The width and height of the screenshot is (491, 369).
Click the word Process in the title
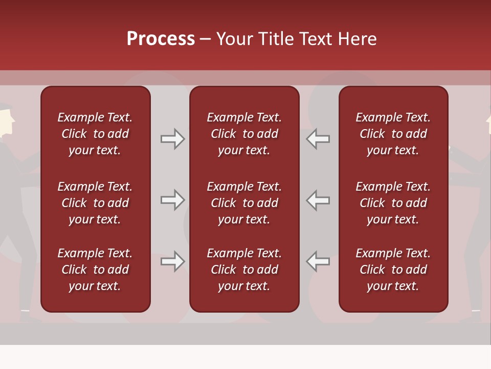point(161,39)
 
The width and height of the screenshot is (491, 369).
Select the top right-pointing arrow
point(173,139)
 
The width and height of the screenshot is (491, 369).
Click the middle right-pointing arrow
point(173,200)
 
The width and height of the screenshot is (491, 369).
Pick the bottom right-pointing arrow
point(173,261)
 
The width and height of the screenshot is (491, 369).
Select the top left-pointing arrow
point(318,139)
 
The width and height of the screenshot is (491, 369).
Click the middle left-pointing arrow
point(318,200)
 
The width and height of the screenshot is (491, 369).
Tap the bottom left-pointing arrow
point(318,261)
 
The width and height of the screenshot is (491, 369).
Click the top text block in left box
point(95,134)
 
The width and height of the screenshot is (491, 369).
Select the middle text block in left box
point(95,203)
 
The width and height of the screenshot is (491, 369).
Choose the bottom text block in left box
point(95,270)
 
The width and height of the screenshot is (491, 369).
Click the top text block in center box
point(244,134)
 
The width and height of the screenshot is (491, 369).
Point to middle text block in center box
point(244,203)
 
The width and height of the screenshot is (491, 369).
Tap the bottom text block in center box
point(244,270)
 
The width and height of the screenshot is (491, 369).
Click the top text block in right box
point(393,134)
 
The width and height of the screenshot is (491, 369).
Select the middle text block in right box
point(393,203)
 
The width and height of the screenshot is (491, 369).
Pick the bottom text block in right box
point(393,270)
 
